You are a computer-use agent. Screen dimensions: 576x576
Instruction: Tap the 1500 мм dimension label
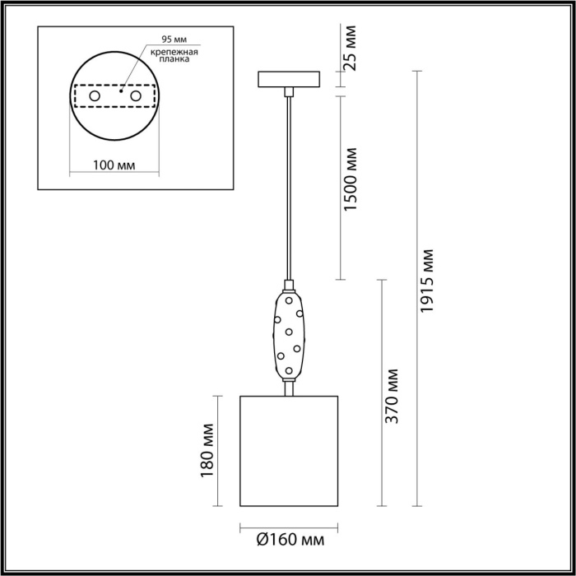352,189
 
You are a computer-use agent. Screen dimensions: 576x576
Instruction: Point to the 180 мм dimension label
207,451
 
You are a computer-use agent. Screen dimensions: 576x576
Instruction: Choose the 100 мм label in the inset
115,164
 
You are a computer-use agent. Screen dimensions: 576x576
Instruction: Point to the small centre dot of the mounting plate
121,92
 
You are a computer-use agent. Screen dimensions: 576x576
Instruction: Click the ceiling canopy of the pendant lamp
289,80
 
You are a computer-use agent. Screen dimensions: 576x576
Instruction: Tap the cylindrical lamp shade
289,451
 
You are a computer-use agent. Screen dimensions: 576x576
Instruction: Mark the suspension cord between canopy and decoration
289,189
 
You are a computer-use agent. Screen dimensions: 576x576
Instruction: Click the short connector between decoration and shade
289,388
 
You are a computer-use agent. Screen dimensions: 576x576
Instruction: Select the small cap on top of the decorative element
289,287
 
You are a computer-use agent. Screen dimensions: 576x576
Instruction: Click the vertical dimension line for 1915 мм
416,289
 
